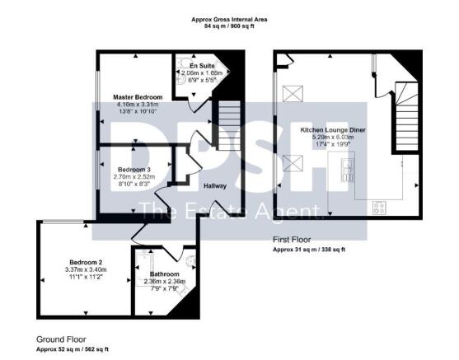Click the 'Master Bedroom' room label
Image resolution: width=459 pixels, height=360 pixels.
tap(138, 97)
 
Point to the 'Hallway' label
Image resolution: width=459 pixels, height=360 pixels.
tap(215, 185)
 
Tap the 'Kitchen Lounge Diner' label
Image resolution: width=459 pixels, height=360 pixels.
tap(333, 130)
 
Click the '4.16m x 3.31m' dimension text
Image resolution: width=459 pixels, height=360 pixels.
tap(138, 105)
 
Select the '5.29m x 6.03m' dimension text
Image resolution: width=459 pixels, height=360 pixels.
tap(333, 138)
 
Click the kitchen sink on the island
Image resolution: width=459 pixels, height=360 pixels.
tap(347, 171)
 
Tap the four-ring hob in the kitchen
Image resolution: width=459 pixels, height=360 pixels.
tap(381, 207)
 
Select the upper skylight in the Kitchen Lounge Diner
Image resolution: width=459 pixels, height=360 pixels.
tap(292, 94)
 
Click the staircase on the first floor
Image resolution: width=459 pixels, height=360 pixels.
tap(406, 115)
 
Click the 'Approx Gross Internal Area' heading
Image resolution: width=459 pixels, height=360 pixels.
tap(229, 19)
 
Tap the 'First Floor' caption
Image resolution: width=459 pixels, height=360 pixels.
tap(292, 239)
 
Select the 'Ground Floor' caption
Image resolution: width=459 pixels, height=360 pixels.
tap(61, 339)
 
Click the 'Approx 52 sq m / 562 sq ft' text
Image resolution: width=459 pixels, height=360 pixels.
tap(72, 350)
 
